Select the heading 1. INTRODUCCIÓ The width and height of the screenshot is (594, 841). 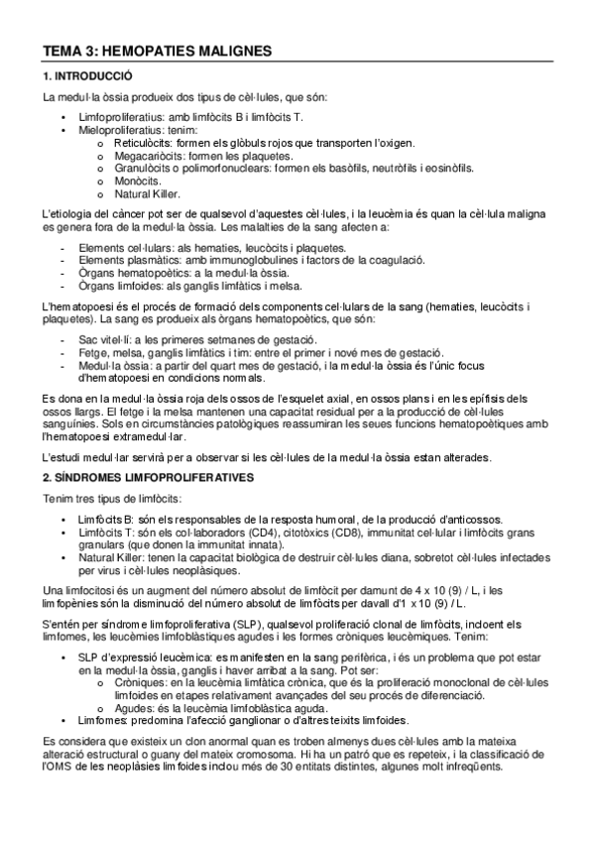[90, 76]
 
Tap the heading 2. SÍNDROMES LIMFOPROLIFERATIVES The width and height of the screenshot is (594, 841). [148, 477]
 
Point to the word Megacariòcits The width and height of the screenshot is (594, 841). [148, 156]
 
